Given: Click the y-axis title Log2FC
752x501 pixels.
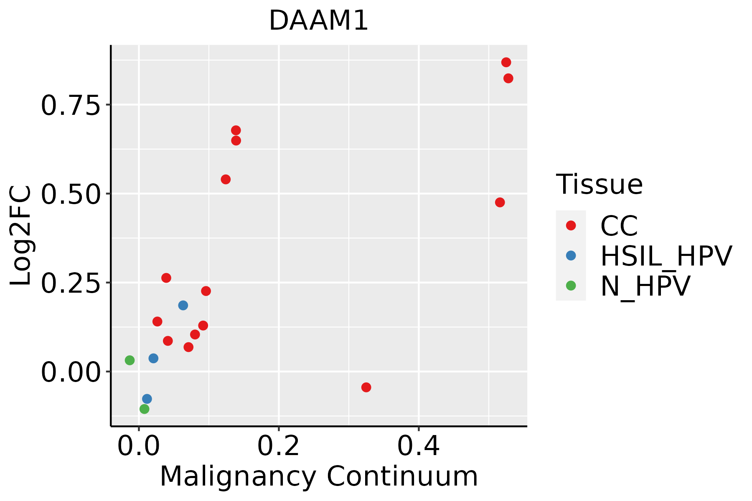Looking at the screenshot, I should [x=21, y=235].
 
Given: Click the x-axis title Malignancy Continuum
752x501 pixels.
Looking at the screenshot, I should [x=319, y=477].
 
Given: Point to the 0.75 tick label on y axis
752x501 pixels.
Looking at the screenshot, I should [x=71, y=105].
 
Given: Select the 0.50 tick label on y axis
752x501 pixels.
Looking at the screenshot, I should [x=71, y=194].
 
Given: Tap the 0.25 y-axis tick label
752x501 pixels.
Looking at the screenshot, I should [x=71, y=283].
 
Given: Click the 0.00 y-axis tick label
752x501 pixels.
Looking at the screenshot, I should [x=71, y=372].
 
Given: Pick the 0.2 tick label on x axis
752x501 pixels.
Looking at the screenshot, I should [x=279, y=446].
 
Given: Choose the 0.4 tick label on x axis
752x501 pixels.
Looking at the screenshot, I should [x=418, y=446].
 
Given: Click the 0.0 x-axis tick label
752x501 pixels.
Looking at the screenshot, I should [x=139, y=446].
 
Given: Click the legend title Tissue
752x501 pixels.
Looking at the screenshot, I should [x=599, y=184].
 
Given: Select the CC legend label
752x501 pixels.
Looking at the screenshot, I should [x=619, y=226].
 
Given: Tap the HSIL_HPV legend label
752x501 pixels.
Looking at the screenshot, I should [x=666, y=256].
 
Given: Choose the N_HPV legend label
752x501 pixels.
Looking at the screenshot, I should [x=645, y=286].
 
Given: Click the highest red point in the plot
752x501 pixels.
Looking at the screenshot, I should [x=506, y=63].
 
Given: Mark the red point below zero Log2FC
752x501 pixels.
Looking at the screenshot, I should [x=366, y=387].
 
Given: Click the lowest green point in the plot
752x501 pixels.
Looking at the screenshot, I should [x=144, y=409].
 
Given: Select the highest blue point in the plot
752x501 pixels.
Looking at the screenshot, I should [x=183, y=305].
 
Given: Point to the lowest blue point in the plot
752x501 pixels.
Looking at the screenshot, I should [x=147, y=399].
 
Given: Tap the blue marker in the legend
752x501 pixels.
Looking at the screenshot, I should [x=571, y=256].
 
